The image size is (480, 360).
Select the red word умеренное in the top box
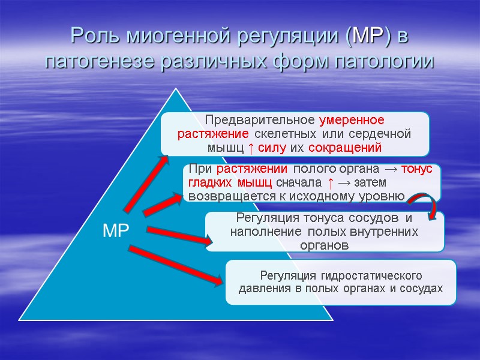[352, 120]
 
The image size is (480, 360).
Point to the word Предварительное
[260, 120]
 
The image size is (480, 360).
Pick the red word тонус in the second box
[416, 169]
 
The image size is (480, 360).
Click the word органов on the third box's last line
[325, 245]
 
